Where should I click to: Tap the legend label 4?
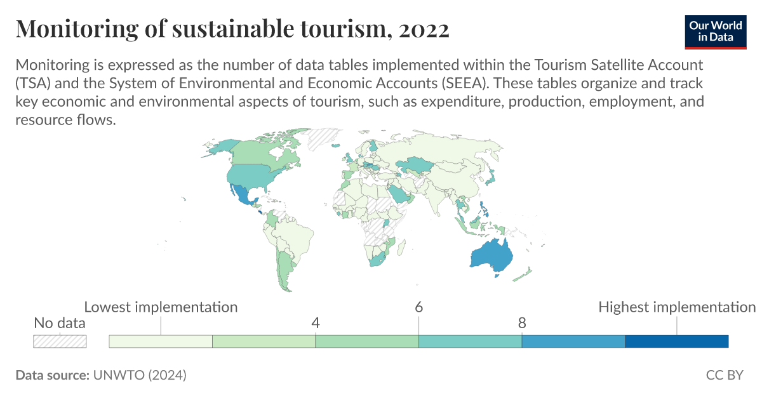pos(316,322)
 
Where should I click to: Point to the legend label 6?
pos(419,307)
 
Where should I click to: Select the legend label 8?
pos(522,322)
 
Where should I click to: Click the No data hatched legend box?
pos(60,341)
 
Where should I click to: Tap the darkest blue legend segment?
pos(676,342)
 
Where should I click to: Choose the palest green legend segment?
pos(161,342)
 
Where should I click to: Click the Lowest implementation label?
pos(161,307)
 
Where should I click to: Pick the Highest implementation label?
pos(677,307)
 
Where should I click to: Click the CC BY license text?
pos(725,375)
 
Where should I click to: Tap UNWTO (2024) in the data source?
pos(140,375)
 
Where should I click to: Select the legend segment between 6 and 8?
pos(470,342)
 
